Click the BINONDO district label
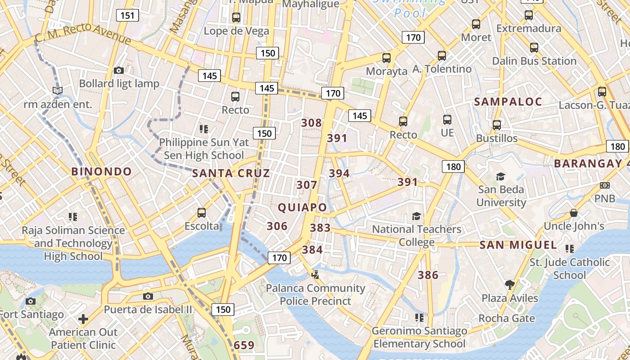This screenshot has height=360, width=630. [x=102, y=171]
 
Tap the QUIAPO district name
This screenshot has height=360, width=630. [x=302, y=207]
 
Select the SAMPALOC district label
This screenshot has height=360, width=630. [x=508, y=102]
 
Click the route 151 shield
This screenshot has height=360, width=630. [x=127, y=16]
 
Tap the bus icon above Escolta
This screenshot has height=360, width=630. [x=202, y=212]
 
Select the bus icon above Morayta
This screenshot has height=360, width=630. [x=386, y=58]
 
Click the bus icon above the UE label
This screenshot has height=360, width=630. [x=447, y=120]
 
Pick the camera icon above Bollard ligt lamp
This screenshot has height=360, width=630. [x=119, y=70]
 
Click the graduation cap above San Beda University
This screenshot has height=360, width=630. [x=500, y=176]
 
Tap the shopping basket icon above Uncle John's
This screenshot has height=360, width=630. [x=573, y=212]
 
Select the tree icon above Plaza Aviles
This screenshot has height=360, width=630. [x=509, y=284]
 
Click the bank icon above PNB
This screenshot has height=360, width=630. [x=605, y=185]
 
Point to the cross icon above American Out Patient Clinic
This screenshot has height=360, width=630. [x=83, y=319]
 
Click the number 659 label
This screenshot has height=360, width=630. [x=244, y=346]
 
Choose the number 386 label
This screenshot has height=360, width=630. [x=428, y=275]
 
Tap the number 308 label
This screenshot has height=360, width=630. [x=311, y=123]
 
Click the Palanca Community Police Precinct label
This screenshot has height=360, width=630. [x=315, y=294]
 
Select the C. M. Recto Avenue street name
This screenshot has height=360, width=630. [x=83, y=34]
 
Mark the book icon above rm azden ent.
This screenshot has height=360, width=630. [x=57, y=90]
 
